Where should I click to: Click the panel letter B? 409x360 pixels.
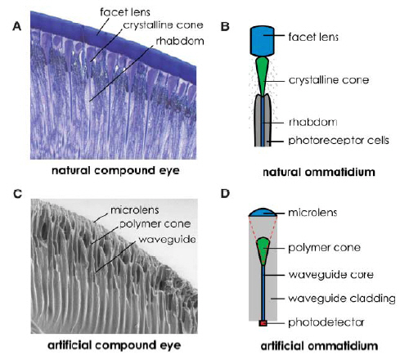[x=226, y=25]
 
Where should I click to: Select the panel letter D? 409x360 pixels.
[x=226, y=193]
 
